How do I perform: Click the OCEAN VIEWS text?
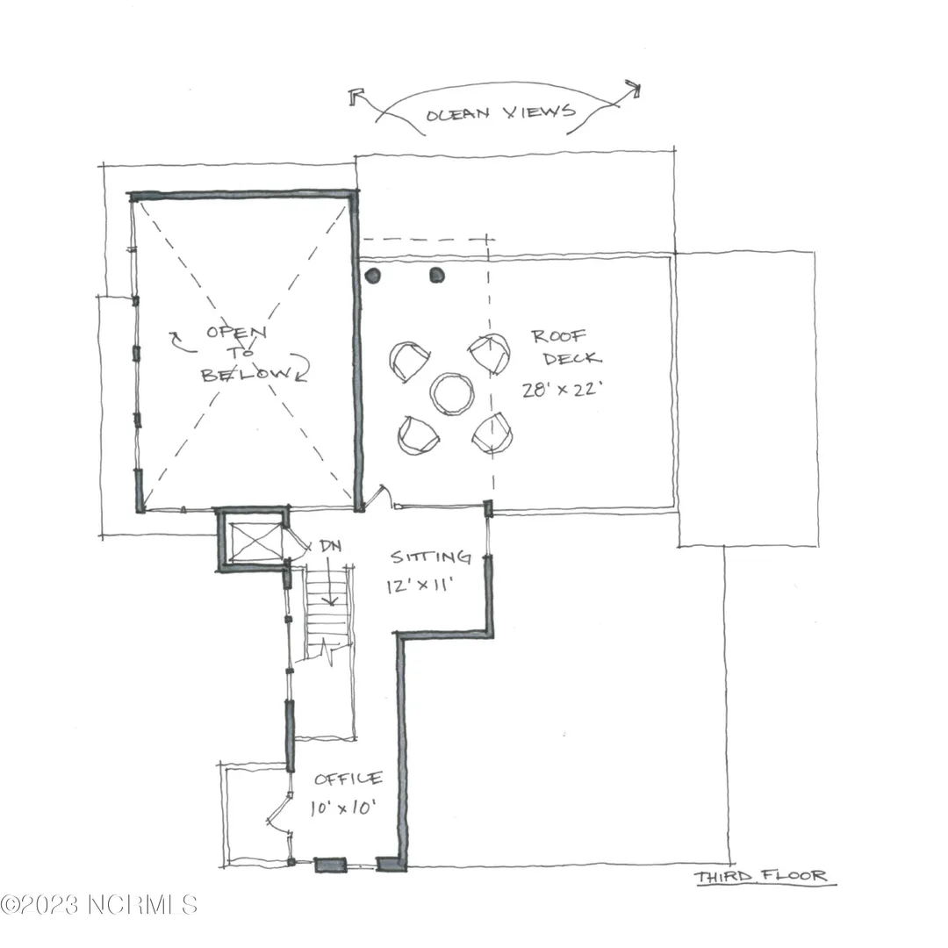pyautogui.click(x=500, y=113)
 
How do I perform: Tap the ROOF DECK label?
pyautogui.click(x=566, y=348)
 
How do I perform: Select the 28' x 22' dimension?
pyautogui.click(x=563, y=389)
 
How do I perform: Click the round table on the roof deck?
pyautogui.click(x=452, y=393)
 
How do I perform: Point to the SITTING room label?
pyautogui.click(x=430, y=557)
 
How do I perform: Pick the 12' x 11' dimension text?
pyautogui.click(x=420, y=585)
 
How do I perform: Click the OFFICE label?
pyautogui.click(x=348, y=778)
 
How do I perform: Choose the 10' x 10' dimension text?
pyautogui.click(x=343, y=808)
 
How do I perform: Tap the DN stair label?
pyautogui.click(x=330, y=546)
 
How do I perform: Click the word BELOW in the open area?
pyautogui.click(x=247, y=374)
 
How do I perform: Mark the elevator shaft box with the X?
pyautogui.click(x=255, y=542)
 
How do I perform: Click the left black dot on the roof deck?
pyautogui.click(x=373, y=276)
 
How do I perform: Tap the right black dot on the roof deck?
pyautogui.click(x=437, y=276)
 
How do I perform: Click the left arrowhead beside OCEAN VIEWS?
pyautogui.click(x=355, y=96)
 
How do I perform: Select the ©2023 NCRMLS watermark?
pyautogui.click(x=98, y=904)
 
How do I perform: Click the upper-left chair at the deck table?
pyautogui.click(x=409, y=361)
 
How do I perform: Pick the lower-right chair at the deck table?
pyautogui.click(x=492, y=434)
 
